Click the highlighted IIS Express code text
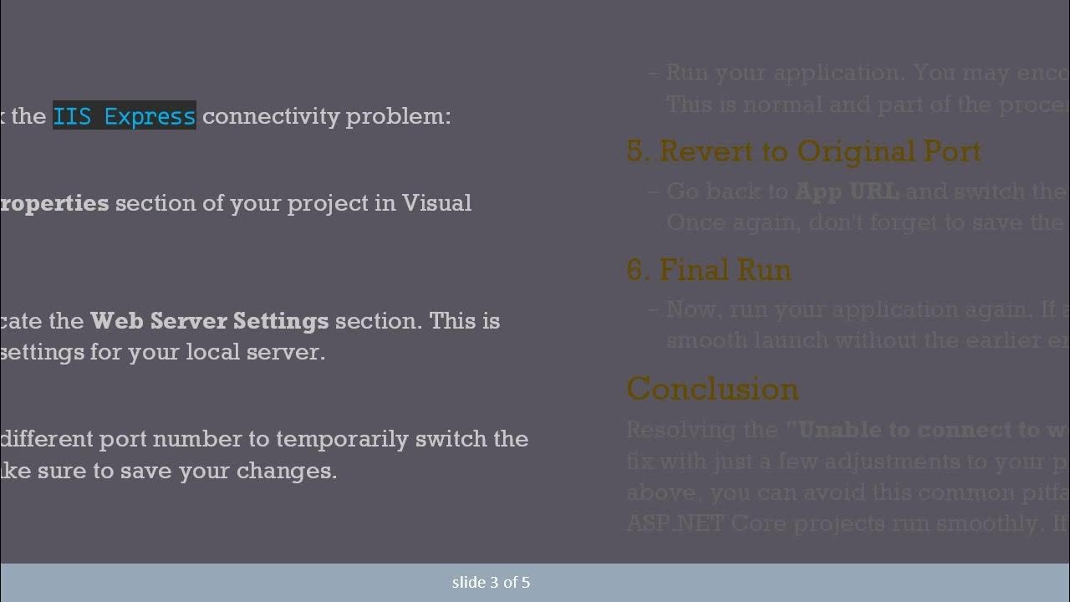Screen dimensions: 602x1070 pos(124,116)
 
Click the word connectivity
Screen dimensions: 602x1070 pos(271,116)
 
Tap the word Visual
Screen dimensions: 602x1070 pos(436,203)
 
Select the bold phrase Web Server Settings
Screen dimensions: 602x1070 pos(209,321)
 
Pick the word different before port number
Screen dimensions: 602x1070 pos(46,439)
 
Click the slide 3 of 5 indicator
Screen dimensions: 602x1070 pos(491,583)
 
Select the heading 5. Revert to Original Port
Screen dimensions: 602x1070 pos(803,151)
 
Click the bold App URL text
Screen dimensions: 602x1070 pos(847,191)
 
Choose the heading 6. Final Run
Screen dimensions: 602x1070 pos(708,270)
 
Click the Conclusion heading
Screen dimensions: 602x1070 pos(712,389)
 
